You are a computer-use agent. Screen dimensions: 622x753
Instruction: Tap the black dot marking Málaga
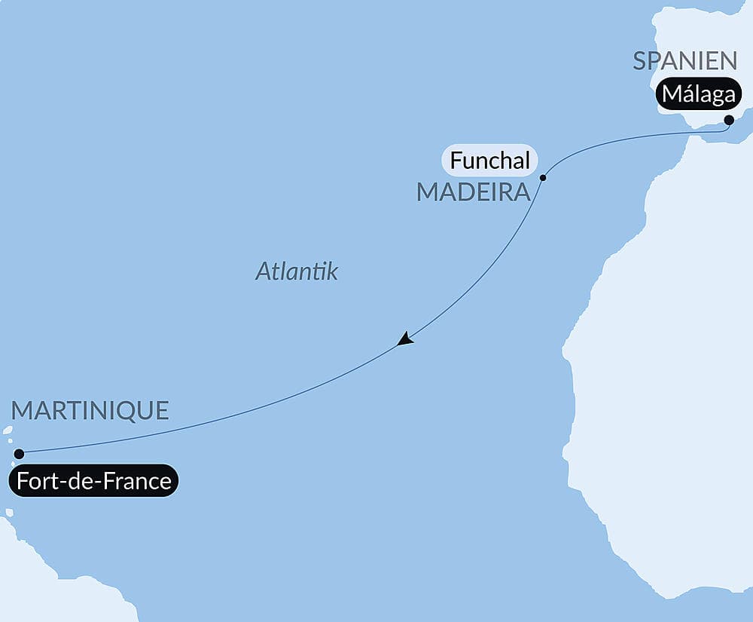(729, 120)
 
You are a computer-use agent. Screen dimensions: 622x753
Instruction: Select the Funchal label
(490, 160)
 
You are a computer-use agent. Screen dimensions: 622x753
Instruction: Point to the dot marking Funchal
(543, 178)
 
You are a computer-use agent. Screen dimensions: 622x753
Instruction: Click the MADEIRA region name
(474, 192)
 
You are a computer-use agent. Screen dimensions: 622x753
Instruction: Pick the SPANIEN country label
(684, 60)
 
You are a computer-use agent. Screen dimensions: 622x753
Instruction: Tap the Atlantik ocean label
(297, 271)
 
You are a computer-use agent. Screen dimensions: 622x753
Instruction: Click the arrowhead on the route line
(405, 339)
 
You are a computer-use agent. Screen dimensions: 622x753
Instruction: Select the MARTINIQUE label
(90, 411)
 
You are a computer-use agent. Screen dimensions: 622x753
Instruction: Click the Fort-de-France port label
(94, 480)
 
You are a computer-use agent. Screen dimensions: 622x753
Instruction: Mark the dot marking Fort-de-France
(20, 454)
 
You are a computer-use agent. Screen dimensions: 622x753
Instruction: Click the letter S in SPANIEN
(640, 60)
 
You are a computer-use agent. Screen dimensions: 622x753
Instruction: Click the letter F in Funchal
(456, 160)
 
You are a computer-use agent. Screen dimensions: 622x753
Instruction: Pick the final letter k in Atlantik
(332, 271)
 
